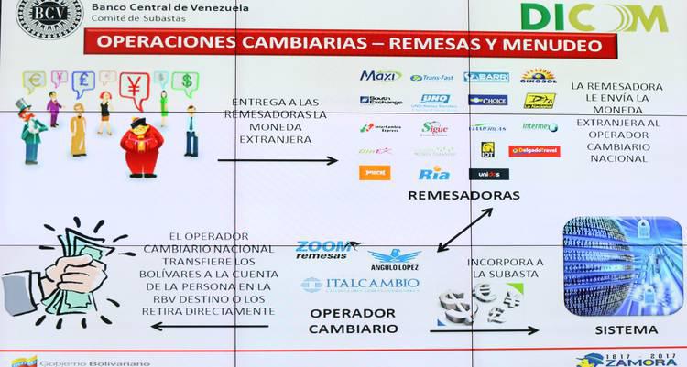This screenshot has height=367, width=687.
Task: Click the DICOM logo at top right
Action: click(x=594, y=17)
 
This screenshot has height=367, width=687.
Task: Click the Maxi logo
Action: click(x=380, y=76)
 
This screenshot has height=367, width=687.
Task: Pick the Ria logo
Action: click(x=433, y=174)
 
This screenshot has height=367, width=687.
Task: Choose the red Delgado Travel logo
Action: click(x=534, y=151)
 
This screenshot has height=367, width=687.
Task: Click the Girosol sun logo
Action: click(x=539, y=76)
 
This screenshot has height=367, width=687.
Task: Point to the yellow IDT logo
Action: click(x=488, y=149)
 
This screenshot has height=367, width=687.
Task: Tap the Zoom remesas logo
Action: click(x=323, y=250)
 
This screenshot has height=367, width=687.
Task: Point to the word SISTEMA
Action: click(x=626, y=329)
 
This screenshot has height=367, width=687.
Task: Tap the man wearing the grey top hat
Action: click(x=32, y=128)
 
